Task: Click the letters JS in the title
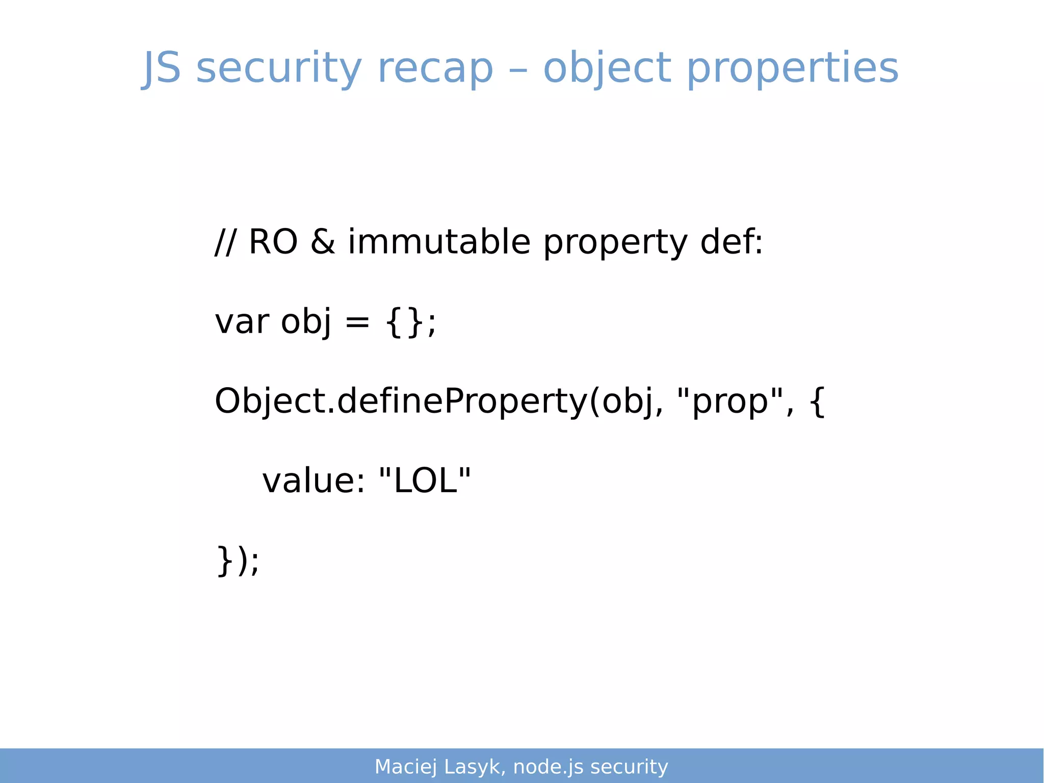click(x=162, y=68)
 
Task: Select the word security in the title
click(x=279, y=68)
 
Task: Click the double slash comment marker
click(x=225, y=242)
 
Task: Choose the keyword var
click(x=242, y=322)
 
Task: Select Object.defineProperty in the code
click(x=401, y=401)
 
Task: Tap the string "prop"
click(x=729, y=401)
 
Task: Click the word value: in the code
click(x=314, y=481)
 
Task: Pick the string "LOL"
click(x=425, y=481)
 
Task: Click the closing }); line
click(x=238, y=561)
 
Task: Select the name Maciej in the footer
click(x=406, y=767)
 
